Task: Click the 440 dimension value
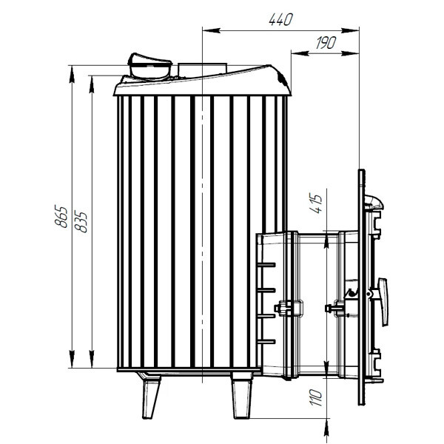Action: (x=280, y=19)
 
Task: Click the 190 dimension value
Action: (x=326, y=43)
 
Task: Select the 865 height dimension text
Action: (x=61, y=216)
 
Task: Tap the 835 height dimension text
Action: (x=81, y=221)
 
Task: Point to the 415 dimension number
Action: (x=316, y=203)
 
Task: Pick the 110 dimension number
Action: (x=316, y=397)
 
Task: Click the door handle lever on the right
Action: (x=383, y=302)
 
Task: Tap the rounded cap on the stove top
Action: (x=149, y=66)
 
